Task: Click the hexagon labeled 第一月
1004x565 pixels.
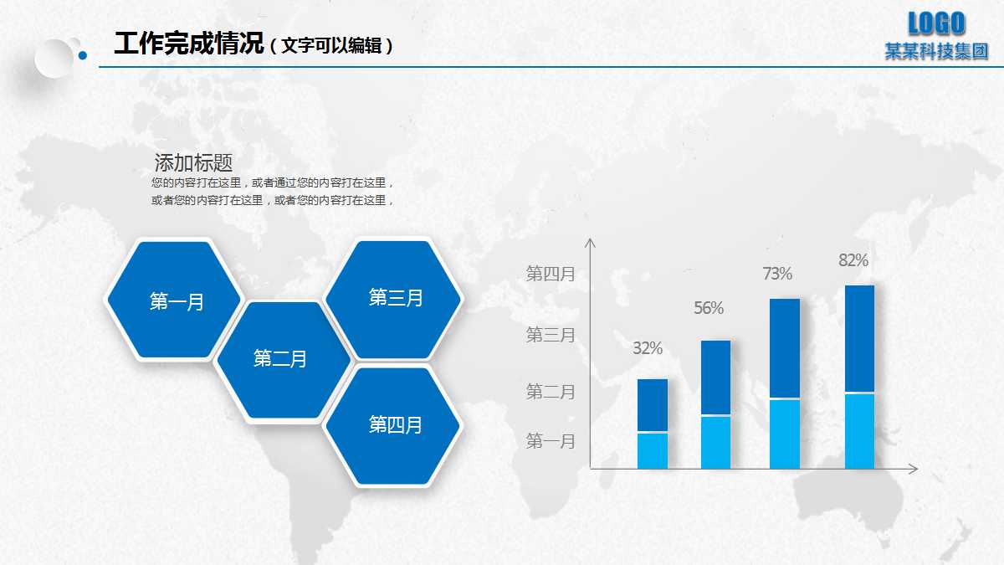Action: [174, 300]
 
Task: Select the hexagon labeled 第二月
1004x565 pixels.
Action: [282, 360]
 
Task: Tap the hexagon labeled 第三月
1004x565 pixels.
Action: [393, 298]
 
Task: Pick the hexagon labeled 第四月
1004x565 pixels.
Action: [393, 425]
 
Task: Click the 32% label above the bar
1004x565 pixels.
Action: [648, 348]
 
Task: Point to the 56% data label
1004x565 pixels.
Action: [709, 308]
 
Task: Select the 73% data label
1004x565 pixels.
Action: [777, 274]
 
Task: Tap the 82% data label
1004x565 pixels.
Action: [853, 260]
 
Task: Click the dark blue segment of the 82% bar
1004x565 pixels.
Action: [859, 338]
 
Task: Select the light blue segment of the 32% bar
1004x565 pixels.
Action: [653, 450]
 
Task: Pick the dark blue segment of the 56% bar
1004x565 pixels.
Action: [715, 377]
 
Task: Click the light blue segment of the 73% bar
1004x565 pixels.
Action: [785, 434]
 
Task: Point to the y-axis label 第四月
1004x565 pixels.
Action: [551, 273]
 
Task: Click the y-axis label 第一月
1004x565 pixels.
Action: [551, 441]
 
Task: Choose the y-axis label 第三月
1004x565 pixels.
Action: [551, 335]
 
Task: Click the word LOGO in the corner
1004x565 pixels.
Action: [937, 23]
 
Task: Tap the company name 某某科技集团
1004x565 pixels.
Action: [937, 52]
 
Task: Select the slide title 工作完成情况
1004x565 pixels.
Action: [189, 44]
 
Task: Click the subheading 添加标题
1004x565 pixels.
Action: [193, 162]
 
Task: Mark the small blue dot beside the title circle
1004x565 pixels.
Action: [82, 56]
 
